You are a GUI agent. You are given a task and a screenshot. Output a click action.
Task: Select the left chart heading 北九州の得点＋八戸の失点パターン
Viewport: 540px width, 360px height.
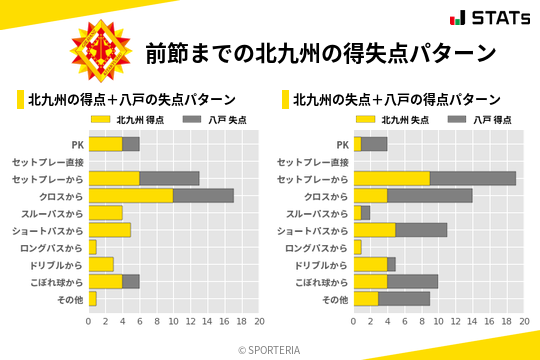click(x=131, y=99)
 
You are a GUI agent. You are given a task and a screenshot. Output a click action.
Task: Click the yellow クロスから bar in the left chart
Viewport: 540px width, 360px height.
click(x=131, y=195)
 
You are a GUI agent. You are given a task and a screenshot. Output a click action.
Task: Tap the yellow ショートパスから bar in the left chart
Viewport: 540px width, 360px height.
click(x=110, y=230)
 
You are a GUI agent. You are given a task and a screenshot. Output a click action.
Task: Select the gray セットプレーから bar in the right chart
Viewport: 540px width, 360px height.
click(x=473, y=178)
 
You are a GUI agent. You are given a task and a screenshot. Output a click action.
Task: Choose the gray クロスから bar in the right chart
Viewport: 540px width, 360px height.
click(x=430, y=195)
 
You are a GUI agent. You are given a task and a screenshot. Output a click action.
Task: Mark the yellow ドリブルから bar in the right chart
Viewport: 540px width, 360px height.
click(x=370, y=264)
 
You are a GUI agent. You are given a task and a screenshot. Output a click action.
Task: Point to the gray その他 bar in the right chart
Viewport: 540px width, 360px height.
click(x=404, y=298)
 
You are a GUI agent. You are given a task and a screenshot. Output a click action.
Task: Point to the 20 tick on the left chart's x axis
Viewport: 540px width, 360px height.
click(x=259, y=322)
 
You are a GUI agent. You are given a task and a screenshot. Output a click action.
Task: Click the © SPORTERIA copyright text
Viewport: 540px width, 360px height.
click(x=270, y=350)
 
